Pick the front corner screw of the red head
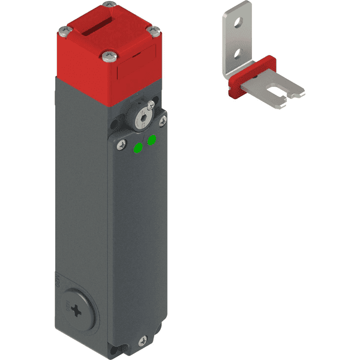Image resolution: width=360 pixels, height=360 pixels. click(109, 56)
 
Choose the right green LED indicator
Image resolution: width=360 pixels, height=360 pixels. click(151, 140)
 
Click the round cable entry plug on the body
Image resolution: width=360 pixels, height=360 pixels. click(76, 310)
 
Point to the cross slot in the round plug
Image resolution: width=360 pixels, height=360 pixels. click(77, 310)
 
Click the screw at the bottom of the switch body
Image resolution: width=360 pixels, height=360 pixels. click(142, 341)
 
